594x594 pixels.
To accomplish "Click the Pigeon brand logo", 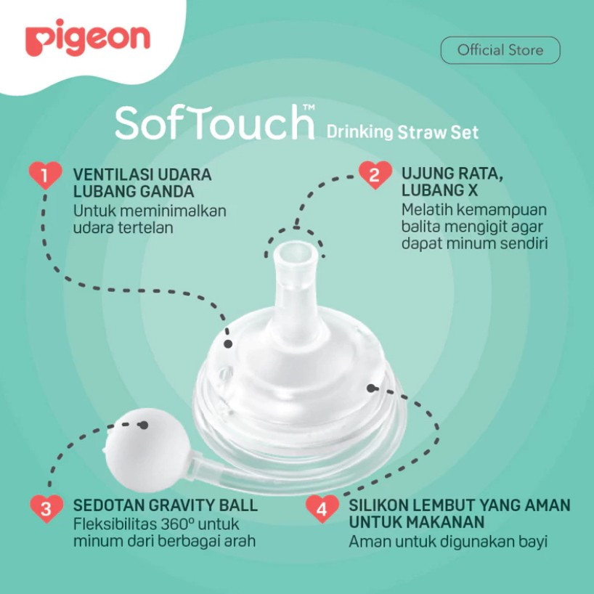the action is tap(88, 38).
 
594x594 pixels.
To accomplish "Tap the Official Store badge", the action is tap(500, 50).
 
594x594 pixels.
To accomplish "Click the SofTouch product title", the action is tap(215, 122).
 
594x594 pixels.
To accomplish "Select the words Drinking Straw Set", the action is tap(402, 132).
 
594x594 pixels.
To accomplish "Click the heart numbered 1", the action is tap(45, 175).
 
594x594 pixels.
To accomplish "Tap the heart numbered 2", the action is tap(375, 174).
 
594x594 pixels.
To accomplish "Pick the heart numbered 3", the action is tap(46, 508).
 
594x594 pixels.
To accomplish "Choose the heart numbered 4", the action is tap(322, 508).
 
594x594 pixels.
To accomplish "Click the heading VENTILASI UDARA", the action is tap(142, 174).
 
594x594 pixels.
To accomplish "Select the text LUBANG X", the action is tap(440, 190).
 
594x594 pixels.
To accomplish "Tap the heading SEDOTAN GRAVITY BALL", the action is tap(165, 505).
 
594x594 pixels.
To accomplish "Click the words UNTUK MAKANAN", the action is tap(416, 522).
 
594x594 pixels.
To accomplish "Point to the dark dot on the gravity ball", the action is tap(144, 425).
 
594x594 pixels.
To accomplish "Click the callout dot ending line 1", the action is tap(228, 344).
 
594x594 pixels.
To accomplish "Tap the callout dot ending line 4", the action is tap(371, 388).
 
